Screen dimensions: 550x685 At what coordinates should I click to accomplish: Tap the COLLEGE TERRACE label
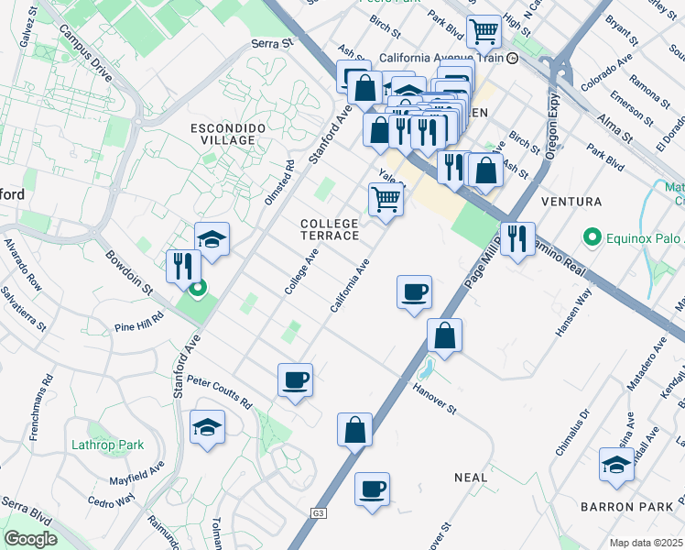click(330, 229)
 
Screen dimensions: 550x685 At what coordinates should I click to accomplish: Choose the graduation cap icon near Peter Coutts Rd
click(208, 427)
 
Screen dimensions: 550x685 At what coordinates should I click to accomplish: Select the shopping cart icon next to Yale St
click(386, 198)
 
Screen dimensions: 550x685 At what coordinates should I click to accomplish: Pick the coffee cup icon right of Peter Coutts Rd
click(295, 379)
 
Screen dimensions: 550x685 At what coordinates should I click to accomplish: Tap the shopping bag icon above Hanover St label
click(444, 335)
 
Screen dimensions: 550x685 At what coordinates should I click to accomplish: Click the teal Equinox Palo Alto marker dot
click(592, 240)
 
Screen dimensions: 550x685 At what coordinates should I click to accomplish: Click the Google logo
click(30, 539)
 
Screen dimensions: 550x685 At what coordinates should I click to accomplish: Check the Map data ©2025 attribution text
click(645, 543)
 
